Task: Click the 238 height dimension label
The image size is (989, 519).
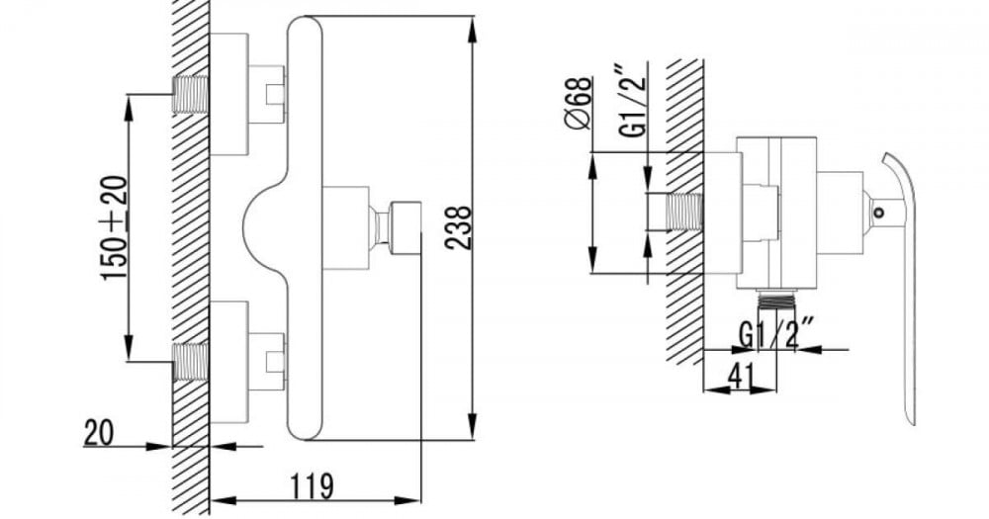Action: [459, 227]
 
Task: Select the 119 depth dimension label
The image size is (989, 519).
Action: [312, 485]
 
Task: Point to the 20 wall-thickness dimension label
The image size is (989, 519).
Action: [99, 433]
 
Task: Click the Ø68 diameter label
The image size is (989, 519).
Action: [578, 103]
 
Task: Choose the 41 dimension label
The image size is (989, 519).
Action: [741, 377]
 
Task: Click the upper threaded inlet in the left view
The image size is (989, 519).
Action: [191, 94]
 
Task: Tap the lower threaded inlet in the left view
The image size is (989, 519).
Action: [191, 362]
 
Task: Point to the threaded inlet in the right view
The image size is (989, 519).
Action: [683, 212]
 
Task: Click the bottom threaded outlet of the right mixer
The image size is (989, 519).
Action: [777, 300]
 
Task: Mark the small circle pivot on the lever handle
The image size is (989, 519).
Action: [878, 212]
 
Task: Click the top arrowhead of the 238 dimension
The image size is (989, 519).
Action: [474, 28]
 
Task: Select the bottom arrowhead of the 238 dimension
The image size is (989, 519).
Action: [474, 428]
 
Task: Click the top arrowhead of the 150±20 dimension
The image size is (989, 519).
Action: [129, 107]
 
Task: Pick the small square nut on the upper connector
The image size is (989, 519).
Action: [275, 95]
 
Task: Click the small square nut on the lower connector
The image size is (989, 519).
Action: [275, 362]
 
